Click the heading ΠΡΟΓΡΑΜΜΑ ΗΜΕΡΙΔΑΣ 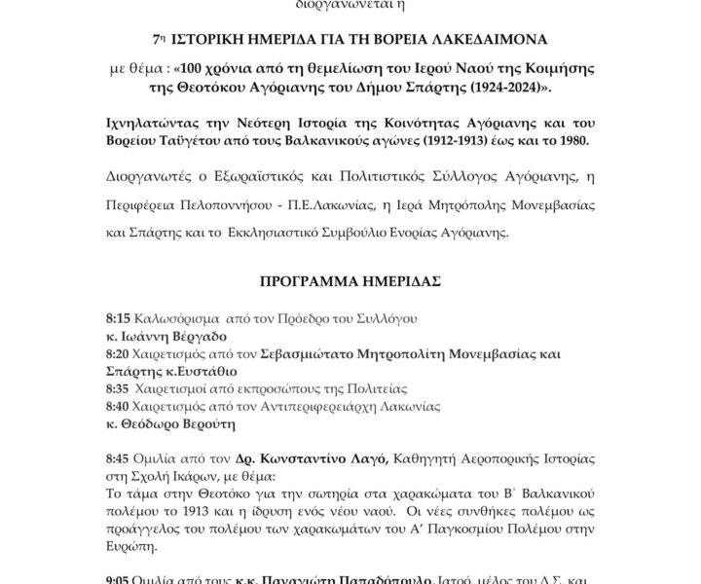pyautogui.click(x=350, y=282)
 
